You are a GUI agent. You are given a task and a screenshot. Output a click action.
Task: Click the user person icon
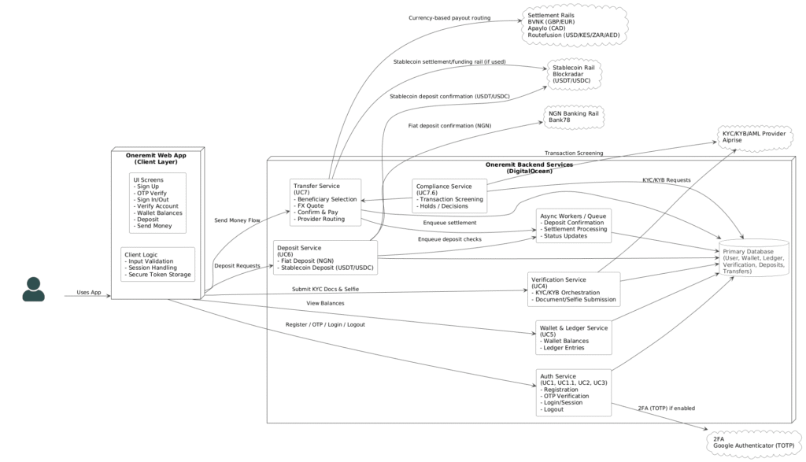(33, 290)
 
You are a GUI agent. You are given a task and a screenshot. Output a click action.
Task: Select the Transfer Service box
(325, 202)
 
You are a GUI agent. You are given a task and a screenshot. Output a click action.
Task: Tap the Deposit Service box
(325, 257)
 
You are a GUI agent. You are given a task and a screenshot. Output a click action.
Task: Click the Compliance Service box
(449, 196)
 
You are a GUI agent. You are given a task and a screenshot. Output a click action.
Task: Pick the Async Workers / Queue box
(574, 226)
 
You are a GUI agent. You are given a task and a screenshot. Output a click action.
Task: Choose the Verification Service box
(574, 290)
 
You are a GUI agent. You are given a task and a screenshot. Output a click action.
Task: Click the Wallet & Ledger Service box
(574, 338)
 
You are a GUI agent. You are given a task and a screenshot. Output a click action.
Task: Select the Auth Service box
(574, 393)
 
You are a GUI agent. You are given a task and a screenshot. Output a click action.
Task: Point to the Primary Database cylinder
(753, 258)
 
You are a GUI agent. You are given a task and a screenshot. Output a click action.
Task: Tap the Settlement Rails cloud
(574, 25)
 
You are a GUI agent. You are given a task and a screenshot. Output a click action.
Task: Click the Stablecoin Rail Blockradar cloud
(574, 74)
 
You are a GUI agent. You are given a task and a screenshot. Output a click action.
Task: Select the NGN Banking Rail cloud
(574, 116)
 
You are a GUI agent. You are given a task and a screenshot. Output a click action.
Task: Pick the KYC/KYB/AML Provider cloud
(754, 137)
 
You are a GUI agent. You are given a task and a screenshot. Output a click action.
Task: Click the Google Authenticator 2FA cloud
(753, 442)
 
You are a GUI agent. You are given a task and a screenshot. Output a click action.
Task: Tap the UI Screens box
(157, 203)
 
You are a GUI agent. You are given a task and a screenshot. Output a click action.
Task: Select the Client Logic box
(157, 264)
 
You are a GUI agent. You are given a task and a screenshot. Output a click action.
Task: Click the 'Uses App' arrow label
(89, 293)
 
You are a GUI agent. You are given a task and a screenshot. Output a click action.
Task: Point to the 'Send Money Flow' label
(237, 220)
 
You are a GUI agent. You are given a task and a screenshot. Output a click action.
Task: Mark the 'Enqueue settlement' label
(449, 223)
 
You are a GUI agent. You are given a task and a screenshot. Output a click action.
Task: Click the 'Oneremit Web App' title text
(157, 155)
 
